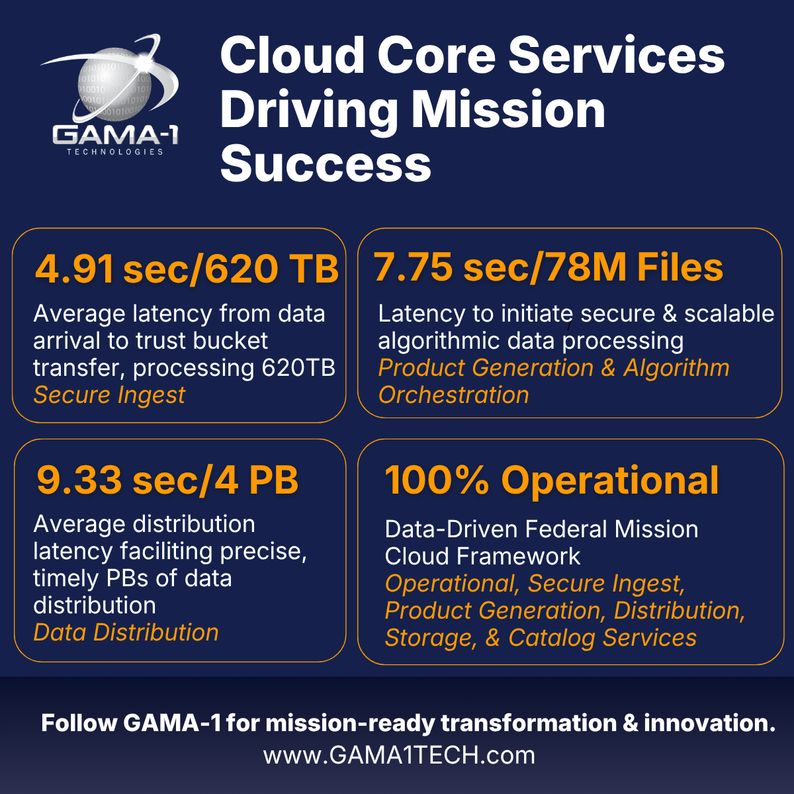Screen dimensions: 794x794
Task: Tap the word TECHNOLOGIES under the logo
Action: (115, 152)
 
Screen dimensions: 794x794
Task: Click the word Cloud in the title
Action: (293, 55)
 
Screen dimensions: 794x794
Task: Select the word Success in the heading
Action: (326, 163)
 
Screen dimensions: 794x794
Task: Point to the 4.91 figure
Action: (74, 269)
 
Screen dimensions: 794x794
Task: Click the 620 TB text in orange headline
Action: (272, 269)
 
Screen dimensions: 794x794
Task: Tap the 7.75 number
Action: (414, 267)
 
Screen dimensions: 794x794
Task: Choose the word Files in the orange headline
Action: (680, 267)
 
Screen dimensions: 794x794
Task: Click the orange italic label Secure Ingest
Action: (109, 395)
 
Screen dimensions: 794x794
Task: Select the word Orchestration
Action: (454, 395)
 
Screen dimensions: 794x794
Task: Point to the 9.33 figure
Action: (79, 480)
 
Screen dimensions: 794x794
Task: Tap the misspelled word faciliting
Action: (166, 552)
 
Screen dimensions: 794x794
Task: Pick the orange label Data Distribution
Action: (126, 632)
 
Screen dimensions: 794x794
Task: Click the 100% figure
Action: (437, 480)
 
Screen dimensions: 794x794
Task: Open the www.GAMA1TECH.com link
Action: (399, 755)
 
